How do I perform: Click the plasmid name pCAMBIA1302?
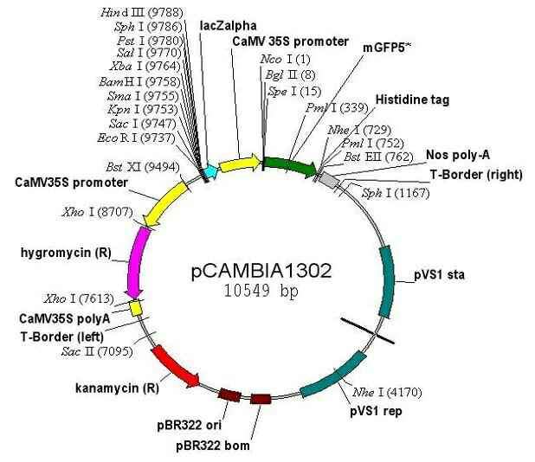point(261,271)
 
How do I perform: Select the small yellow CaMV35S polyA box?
point(135,307)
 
